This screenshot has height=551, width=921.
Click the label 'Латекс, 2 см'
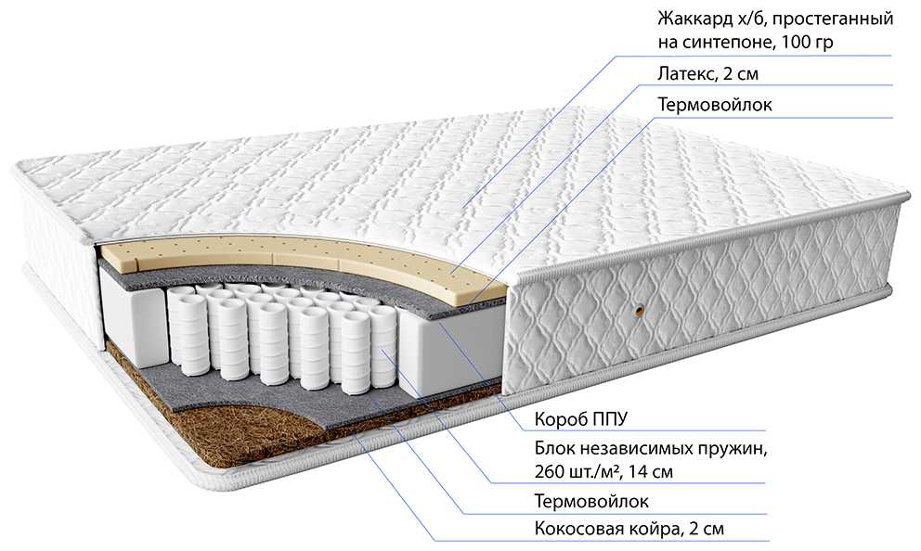(707, 74)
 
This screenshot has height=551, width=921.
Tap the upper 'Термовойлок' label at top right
(714, 105)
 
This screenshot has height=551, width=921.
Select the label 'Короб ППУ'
(581, 419)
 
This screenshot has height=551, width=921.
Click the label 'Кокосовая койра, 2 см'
(629, 529)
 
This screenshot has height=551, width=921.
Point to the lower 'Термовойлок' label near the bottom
(591, 501)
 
